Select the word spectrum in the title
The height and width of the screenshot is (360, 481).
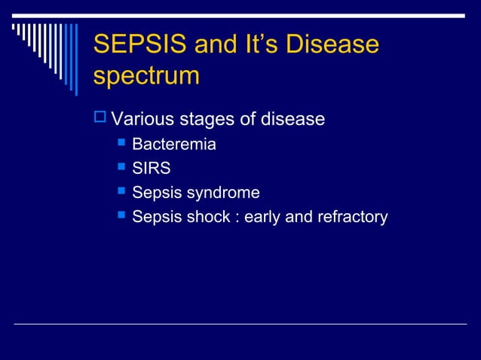[x=147, y=76]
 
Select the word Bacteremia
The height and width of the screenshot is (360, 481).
[x=174, y=145]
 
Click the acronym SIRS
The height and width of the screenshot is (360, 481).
[x=152, y=169]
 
